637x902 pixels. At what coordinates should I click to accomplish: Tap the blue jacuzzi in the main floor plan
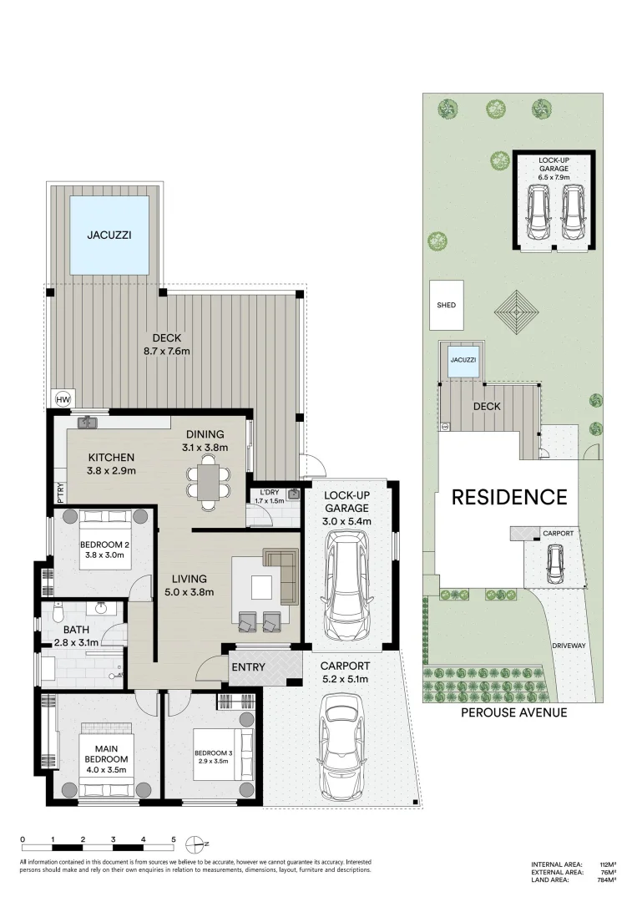point(109,235)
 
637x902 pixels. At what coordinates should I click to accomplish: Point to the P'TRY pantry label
point(60,492)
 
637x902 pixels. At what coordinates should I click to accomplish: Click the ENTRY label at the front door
point(248,667)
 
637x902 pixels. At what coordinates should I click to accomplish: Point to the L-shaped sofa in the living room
point(282,575)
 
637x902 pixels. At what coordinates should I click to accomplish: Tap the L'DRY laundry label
point(270,493)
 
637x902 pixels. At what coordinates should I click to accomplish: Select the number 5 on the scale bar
point(174,839)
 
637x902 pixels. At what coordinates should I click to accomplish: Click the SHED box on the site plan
point(447,305)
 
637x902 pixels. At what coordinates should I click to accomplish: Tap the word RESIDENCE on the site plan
point(509,498)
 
